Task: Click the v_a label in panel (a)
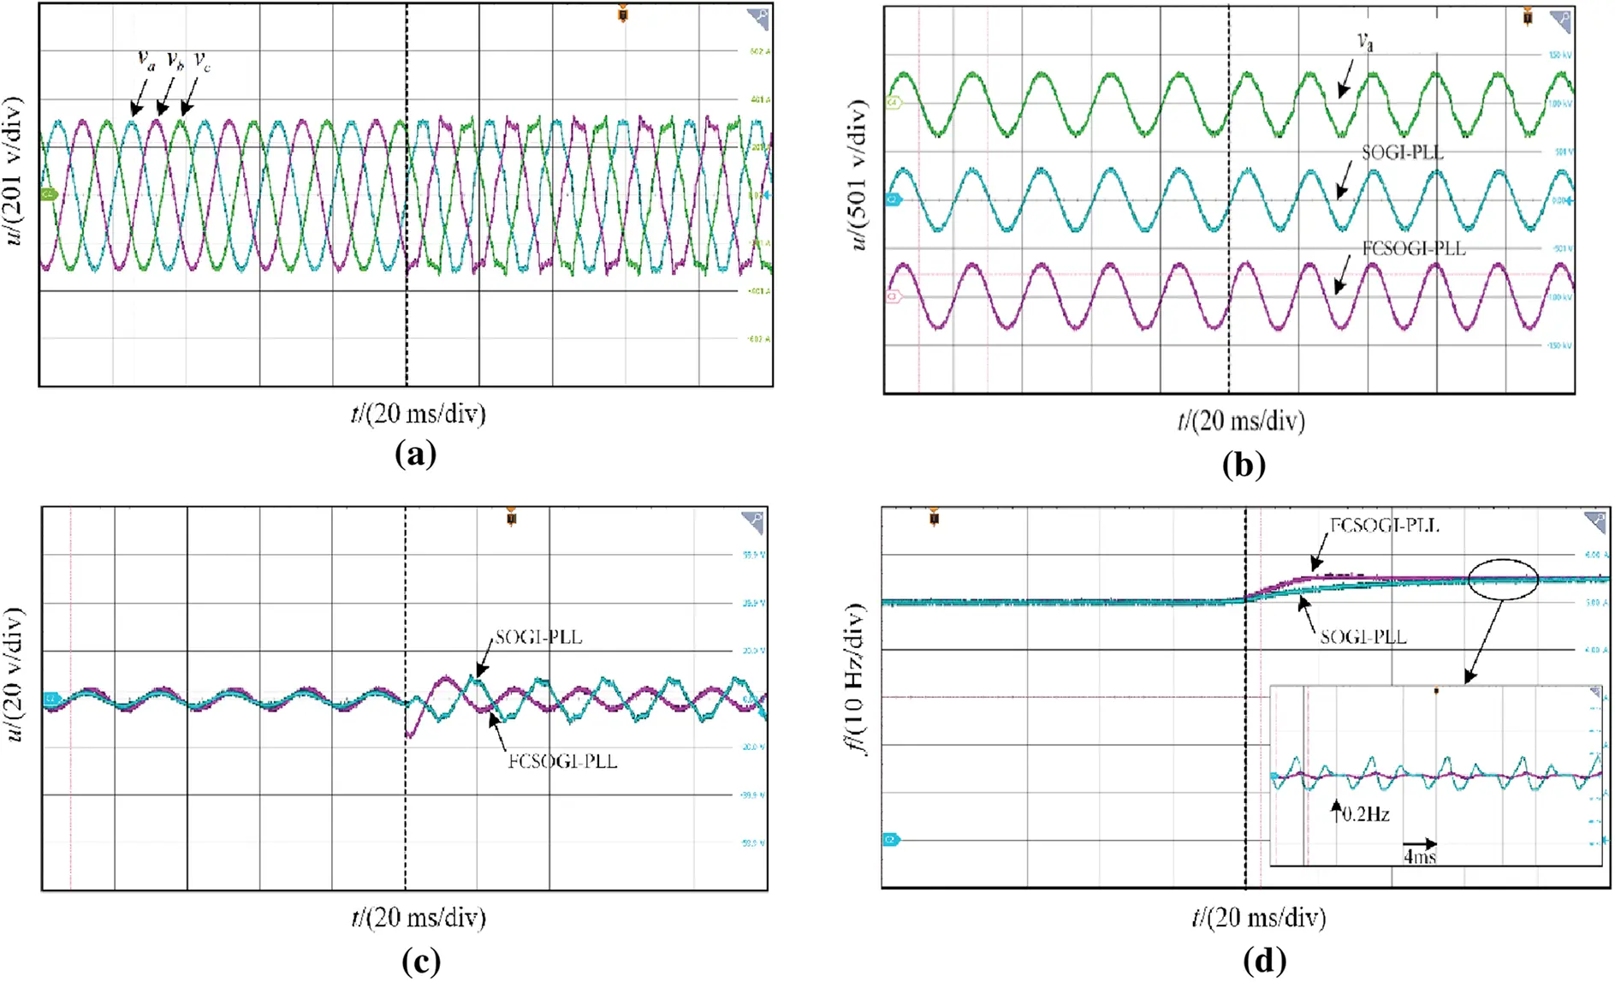[x=146, y=60]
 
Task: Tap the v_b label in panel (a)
[x=175, y=60]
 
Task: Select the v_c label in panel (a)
[x=202, y=61]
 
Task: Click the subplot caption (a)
[x=416, y=453]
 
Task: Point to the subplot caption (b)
[x=1244, y=464]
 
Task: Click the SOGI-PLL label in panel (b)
[x=1402, y=152]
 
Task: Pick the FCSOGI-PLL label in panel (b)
[x=1413, y=249]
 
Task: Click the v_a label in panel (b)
[x=1364, y=41]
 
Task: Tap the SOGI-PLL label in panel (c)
[x=538, y=638]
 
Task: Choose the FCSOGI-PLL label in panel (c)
[x=562, y=761]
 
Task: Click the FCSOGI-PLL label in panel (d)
[x=1384, y=526]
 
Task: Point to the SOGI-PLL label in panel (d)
[x=1363, y=637]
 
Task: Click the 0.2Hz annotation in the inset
[x=1365, y=814]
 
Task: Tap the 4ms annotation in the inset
[x=1419, y=856]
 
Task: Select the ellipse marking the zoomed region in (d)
[x=1503, y=580]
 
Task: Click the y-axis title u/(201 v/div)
[x=15, y=171]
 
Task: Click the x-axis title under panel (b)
[x=1240, y=421]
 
